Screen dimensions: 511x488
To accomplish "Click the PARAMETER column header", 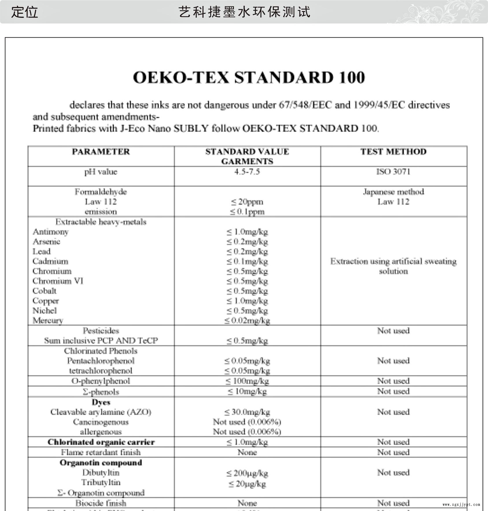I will coord(101,152).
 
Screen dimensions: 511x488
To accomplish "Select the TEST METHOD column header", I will coord(393,152).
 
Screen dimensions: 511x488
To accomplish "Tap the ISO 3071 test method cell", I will coord(393,172).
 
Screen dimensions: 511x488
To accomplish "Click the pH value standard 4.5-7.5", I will coord(247,172).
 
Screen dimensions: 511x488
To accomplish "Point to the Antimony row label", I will coord(51,232).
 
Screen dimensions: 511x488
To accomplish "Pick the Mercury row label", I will coord(48,320).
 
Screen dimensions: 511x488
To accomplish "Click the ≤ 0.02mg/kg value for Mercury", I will coord(247,320).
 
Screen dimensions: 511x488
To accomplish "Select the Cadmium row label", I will coord(50,261).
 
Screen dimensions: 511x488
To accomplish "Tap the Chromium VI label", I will coord(58,281).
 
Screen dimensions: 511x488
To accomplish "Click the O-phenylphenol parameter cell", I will coord(101,381).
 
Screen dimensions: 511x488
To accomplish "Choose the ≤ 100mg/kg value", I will coord(247,381).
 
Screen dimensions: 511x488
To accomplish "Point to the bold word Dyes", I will coord(101,402).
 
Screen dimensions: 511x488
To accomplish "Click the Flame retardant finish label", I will coord(101,452).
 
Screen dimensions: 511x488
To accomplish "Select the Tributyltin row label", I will coord(101,482).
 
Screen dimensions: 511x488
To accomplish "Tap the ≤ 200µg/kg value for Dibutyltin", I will coord(247,473).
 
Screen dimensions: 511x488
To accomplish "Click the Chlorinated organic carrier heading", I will coord(101,442).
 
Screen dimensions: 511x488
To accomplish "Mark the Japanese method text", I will coord(393,192).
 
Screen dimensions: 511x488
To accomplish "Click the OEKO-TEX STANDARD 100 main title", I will coord(249,78).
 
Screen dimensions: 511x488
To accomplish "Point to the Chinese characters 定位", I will coord(25,12).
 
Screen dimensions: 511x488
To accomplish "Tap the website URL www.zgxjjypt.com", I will coord(461,504).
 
